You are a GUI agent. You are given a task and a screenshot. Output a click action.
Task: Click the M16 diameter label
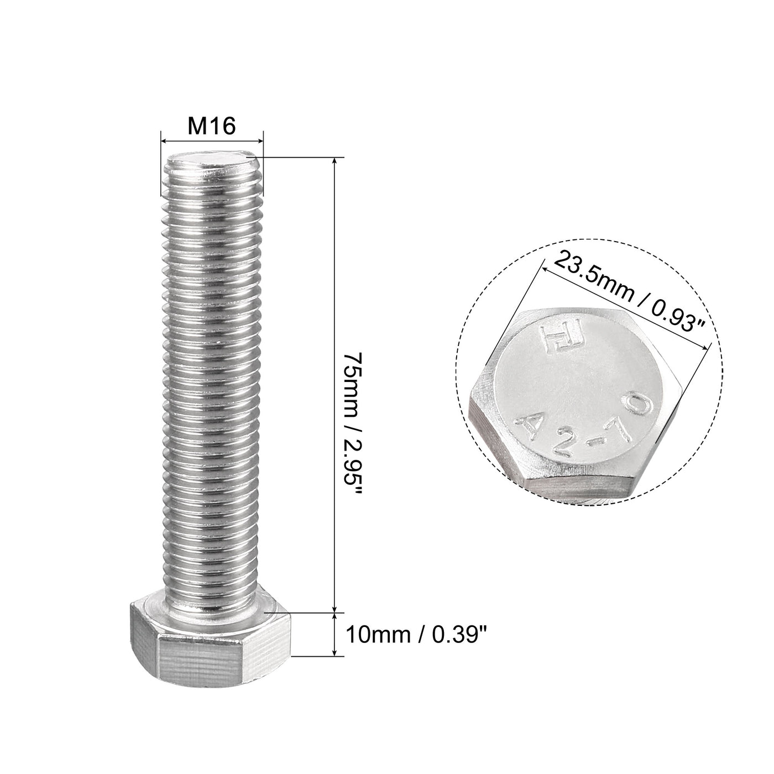(212, 126)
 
